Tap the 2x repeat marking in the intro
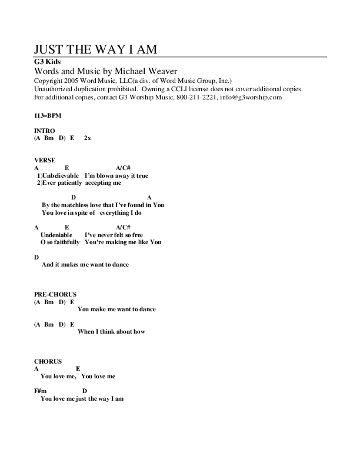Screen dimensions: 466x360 coord(88,139)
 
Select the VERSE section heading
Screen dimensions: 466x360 coord(45,160)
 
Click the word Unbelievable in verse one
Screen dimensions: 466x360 coord(61,175)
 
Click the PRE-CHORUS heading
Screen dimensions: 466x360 coord(56,294)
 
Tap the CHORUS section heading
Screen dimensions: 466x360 coord(49,361)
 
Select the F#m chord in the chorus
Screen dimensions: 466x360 coord(41,391)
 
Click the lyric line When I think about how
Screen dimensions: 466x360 coord(111,331)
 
